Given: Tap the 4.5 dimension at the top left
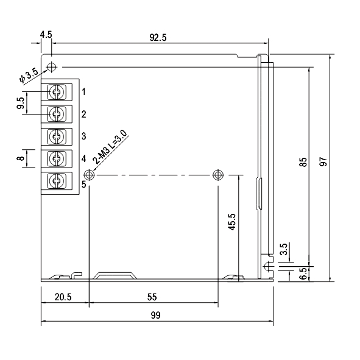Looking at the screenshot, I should click(x=46, y=35).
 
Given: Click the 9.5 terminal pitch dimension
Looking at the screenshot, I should click(x=21, y=103).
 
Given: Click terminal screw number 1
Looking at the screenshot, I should click(x=56, y=92).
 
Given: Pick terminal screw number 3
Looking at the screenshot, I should click(x=56, y=136).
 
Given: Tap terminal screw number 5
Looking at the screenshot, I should click(x=56, y=180).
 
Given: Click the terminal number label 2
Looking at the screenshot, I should click(x=83, y=114).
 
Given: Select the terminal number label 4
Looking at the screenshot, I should click(x=83, y=158).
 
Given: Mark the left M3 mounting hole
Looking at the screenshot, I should click(x=90, y=175).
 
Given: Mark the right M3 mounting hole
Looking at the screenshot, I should click(x=218, y=175).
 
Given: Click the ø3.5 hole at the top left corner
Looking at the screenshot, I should click(x=53, y=66).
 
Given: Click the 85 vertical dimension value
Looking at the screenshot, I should click(x=303, y=164).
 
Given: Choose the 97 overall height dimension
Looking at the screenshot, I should click(x=323, y=162).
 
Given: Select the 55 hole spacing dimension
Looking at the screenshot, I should click(x=152, y=297).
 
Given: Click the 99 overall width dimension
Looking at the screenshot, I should click(x=155, y=316).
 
